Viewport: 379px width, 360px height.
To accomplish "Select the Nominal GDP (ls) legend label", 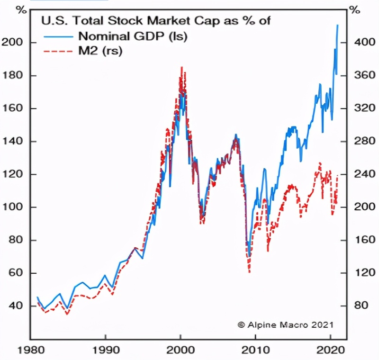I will click(x=133, y=36).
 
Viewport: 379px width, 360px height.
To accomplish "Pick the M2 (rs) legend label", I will click(x=100, y=51).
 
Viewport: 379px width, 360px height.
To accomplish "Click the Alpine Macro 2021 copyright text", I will click(x=285, y=324).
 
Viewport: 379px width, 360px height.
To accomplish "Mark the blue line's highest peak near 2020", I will click(x=337, y=25).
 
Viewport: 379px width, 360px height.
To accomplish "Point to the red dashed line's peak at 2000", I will click(x=181, y=67).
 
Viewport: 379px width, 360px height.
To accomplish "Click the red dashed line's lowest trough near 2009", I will click(x=249, y=272).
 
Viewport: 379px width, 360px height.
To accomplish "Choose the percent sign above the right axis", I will click(x=353, y=9).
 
